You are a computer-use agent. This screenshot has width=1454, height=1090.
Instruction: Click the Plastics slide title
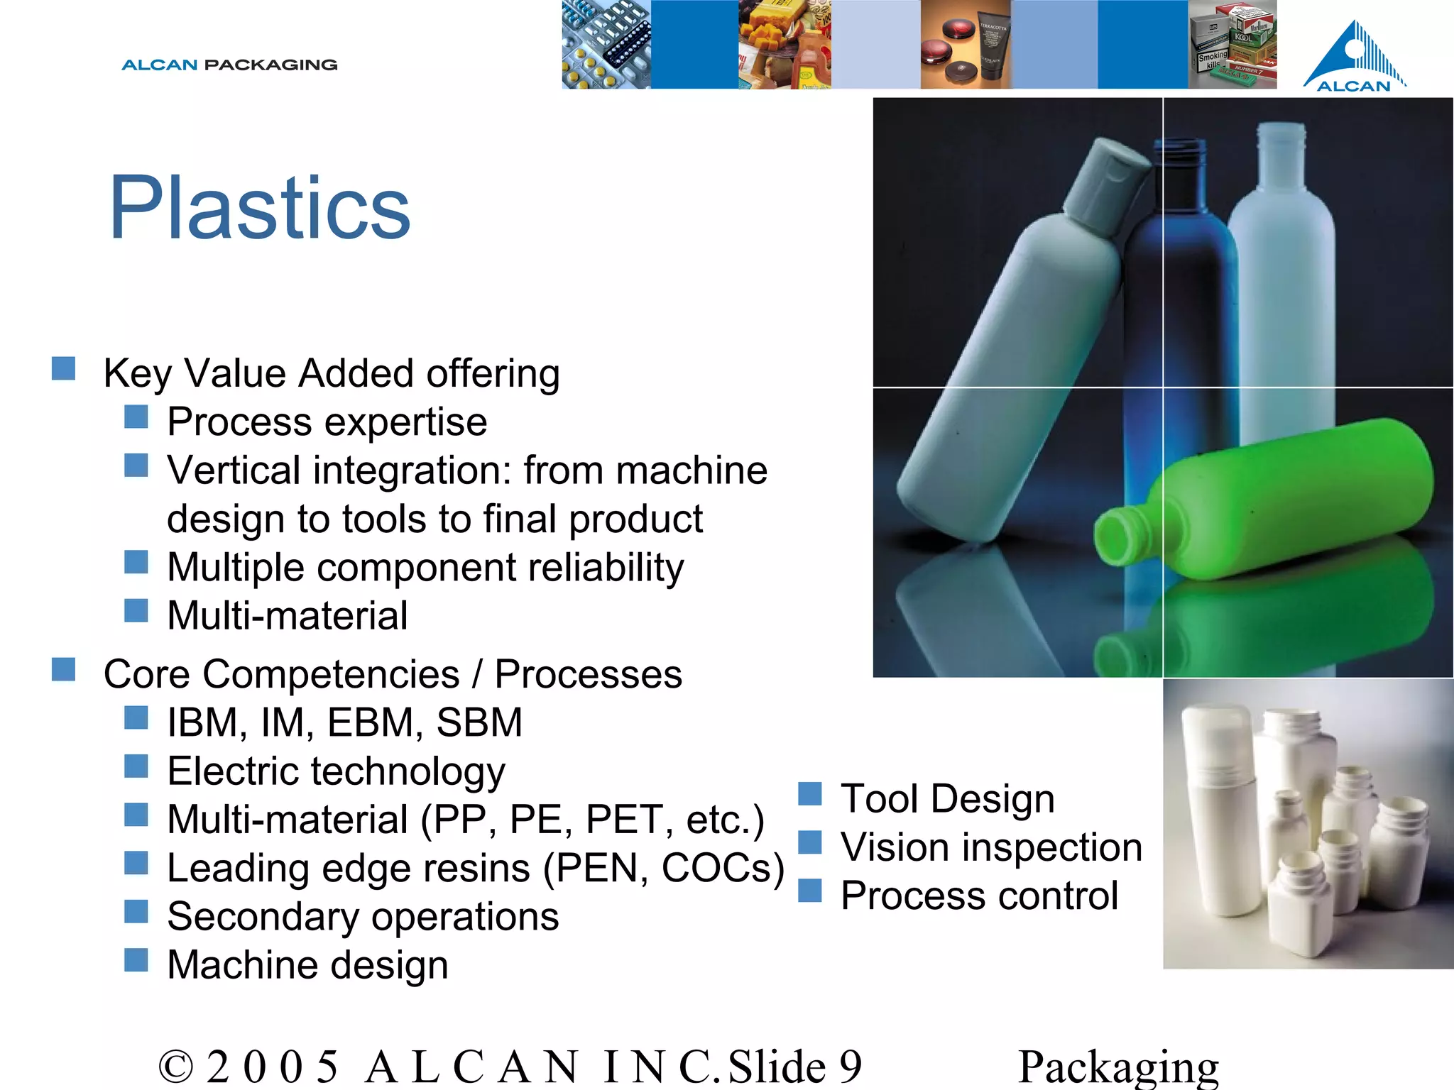tap(260, 207)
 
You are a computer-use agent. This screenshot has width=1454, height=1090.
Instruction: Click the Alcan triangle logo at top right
tap(1355, 57)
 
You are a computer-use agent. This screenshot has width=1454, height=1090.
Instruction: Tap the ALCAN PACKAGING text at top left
tap(229, 65)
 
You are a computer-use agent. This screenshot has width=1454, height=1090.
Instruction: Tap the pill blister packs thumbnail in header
tap(606, 44)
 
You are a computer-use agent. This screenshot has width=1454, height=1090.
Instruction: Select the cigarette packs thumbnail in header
tap(1232, 44)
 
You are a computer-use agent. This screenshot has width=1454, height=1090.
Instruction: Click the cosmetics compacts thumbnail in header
tap(966, 44)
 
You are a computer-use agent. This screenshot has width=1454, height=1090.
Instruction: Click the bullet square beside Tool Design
tap(809, 793)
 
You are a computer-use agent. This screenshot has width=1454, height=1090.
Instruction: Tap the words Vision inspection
tap(991, 847)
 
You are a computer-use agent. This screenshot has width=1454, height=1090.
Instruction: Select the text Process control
tap(979, 896)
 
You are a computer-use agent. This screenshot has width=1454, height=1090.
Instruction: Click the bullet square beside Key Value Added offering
tap(63, 368)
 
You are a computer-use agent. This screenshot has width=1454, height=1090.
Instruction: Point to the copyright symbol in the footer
tap(175, 1066)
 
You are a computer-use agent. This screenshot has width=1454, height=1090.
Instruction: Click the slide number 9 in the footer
tap(850, 1066)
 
